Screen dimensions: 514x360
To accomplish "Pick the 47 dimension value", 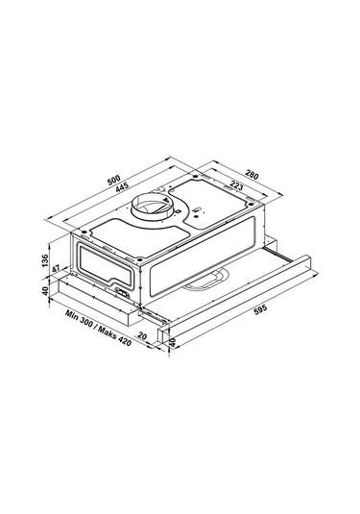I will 56,269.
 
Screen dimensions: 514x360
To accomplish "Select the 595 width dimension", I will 258,309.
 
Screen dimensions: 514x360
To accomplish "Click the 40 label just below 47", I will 45,290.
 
